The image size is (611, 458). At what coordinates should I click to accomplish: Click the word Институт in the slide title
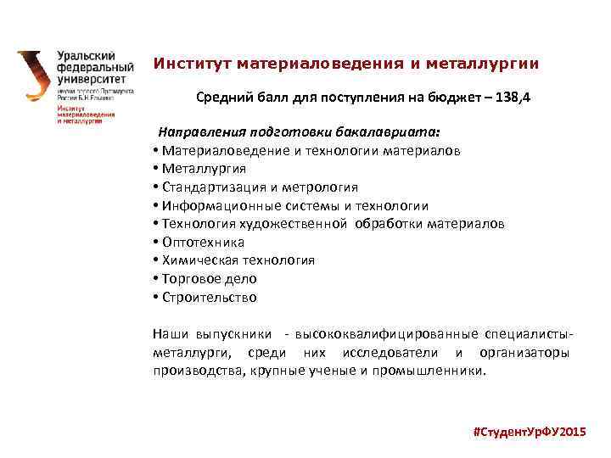pyautogui.click(x=192, y=64)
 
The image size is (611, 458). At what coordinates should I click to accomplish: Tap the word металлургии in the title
pyautogui.click(x=487, y=64)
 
